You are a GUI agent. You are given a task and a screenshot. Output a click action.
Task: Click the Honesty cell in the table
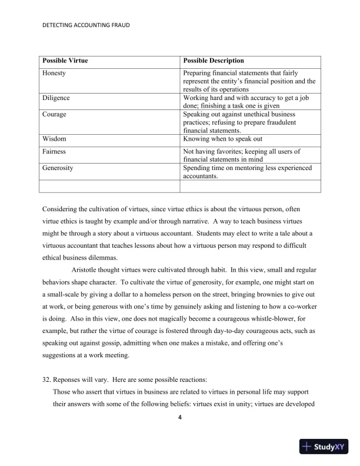(x=54, y=73)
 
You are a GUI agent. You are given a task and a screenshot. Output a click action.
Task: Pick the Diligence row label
(x=56, y=98)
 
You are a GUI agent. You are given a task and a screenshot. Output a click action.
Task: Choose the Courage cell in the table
(x=54, y=114)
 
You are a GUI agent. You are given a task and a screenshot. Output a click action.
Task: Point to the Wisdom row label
(x=54, y=139)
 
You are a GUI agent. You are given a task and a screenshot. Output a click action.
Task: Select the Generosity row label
(x=58, y=168)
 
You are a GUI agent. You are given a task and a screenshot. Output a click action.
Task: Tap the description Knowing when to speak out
(x=222, y=139)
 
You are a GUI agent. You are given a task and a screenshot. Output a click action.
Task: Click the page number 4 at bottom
(x=180, y=418)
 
